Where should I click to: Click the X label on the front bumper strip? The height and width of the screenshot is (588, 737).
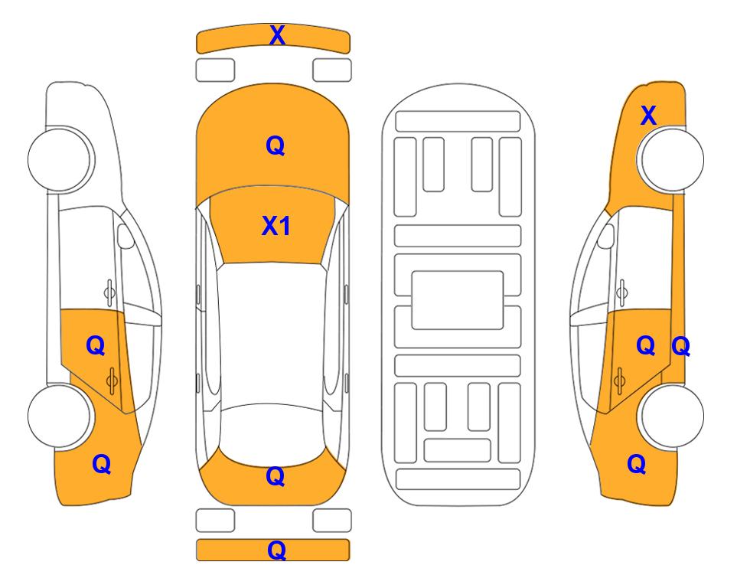point(277,35)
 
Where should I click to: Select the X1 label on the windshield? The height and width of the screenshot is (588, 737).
point(276,226)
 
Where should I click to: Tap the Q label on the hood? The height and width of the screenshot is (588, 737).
point(276,145)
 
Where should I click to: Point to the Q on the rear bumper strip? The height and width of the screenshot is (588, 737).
point(276,550)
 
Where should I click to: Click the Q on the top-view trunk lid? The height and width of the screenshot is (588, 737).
point(276,476)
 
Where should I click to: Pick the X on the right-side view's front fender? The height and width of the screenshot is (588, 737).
point(648,116)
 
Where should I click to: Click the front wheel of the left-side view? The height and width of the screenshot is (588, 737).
point(60,160)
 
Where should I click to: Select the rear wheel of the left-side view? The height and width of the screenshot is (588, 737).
point(60,416)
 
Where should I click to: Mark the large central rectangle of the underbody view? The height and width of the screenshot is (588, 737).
point(458,300)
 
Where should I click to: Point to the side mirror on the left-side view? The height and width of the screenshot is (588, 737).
point(126,236)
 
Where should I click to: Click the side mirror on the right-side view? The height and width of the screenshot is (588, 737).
point(606,236)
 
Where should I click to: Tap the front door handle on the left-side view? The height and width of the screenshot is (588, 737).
point(109,292)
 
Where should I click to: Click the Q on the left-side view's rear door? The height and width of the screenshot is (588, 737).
point(96,346)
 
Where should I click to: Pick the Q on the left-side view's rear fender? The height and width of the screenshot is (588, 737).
point(102,464)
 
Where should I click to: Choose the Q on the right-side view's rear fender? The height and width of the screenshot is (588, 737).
point(637,464)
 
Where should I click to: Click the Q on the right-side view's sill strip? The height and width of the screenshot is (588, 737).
point(680,347)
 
